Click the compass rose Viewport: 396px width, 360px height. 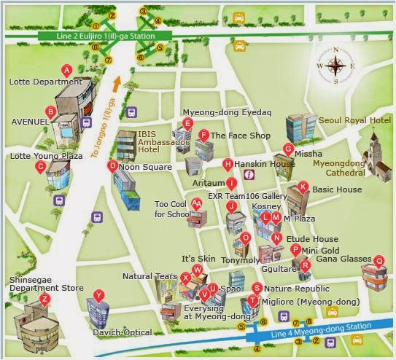point(335,66)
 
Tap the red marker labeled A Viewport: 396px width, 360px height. point(67,71)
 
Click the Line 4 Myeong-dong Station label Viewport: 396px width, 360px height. point(315,332)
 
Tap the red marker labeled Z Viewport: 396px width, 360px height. point(45,299)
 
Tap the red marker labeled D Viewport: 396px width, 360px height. point(112,166)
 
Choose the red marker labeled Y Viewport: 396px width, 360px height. point(99,295)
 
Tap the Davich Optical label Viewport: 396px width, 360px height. point(122,332)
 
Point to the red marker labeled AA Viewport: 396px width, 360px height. point(196,204)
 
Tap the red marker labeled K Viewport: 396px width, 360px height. point(303,187)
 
